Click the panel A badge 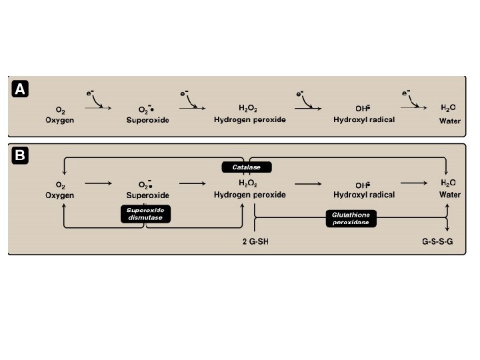(21, 89)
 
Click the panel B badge (21, 157)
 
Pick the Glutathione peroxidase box (351, 219)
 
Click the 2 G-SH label (254, 241)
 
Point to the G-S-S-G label (437, 241)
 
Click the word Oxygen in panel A (60, 121)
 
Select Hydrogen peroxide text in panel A (250, 120)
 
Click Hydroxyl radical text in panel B (364, 195)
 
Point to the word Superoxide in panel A (147, 121)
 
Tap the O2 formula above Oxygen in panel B (60, 183)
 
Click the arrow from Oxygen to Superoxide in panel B (98, 181)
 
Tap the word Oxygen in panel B (60, 195)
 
